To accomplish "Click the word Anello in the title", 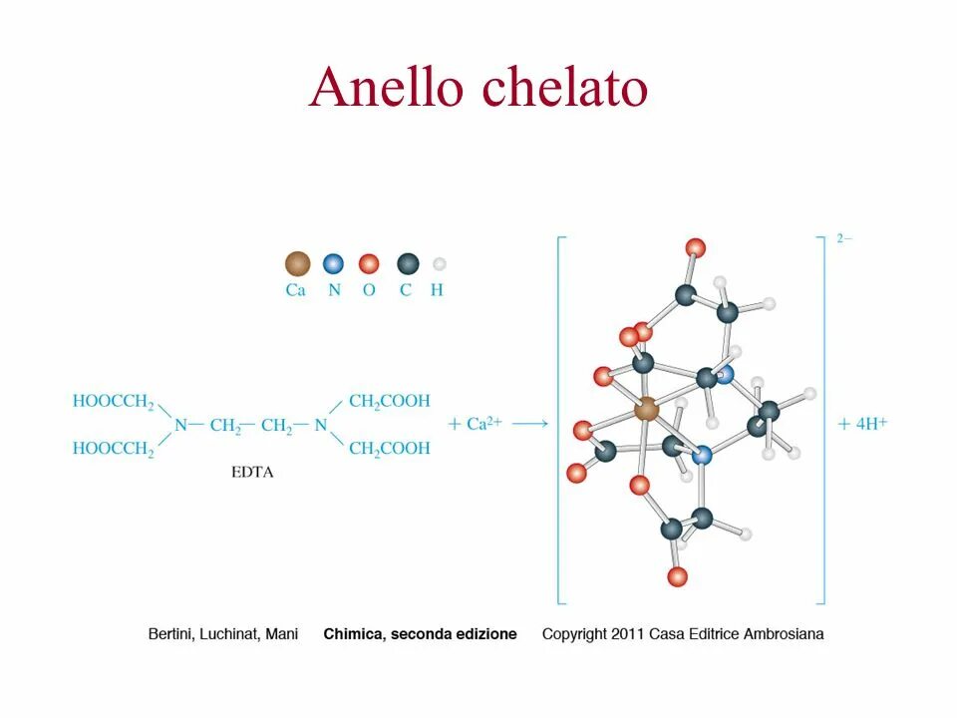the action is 386,88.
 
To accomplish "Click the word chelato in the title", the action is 565,88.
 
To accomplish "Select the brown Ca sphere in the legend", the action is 297,264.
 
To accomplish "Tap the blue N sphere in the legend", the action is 333,264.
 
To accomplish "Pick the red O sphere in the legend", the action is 369,264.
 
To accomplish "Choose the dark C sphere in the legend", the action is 407,264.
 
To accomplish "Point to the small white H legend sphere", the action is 439,264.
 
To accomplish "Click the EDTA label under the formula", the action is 251,473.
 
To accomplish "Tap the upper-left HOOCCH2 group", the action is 114,402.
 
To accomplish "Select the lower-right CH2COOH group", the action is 390,449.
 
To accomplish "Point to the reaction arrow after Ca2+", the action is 530,424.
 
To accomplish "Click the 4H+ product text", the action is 863,423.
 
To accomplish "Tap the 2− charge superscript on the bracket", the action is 844,239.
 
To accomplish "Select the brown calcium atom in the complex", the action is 647,408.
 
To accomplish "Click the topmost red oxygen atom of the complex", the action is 696,247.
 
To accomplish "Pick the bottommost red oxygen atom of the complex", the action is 678,575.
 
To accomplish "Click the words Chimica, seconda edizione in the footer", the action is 420,634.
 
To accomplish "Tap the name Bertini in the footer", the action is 172,634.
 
